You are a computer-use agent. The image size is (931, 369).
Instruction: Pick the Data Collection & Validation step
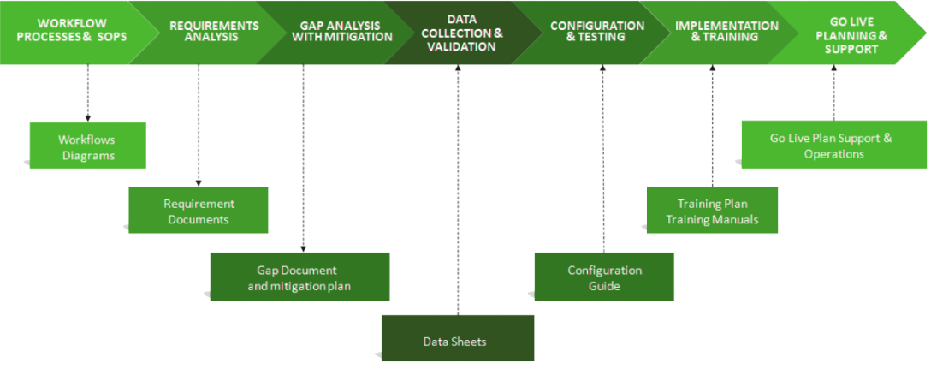click(x=463, y=33)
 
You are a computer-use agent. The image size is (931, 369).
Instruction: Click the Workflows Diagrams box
click(x=87, y=146)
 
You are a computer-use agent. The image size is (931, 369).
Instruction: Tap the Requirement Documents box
click(x=199, y=211)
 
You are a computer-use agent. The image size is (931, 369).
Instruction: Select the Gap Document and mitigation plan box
click(x=299, y=277)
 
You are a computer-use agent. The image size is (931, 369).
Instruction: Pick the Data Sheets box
click(x=457, y=341)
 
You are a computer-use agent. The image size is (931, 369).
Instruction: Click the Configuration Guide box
click(x=604, y=277)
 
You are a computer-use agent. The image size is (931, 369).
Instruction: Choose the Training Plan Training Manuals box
click(x=712, y=211)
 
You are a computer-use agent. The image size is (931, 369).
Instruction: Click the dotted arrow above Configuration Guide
click(x=602, y=158)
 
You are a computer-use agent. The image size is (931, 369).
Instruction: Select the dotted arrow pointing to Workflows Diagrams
click(x=87, y=93)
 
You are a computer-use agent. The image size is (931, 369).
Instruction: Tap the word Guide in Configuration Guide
click(x=604, y=286)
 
